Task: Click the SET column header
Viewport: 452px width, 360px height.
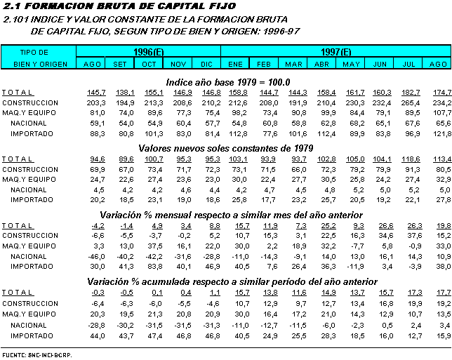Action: pos(120,64)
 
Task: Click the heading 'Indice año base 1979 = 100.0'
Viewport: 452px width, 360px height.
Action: pos(227,81)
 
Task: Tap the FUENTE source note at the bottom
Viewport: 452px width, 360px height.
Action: pos(37,355)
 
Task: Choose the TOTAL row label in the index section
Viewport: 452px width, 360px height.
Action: pos(17,93)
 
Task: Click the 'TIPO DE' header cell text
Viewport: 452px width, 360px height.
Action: pos(34,52)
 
